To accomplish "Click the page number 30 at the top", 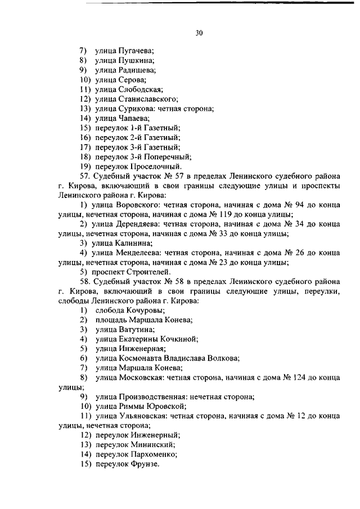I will [199, 33].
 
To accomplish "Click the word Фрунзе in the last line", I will [145, 464].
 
